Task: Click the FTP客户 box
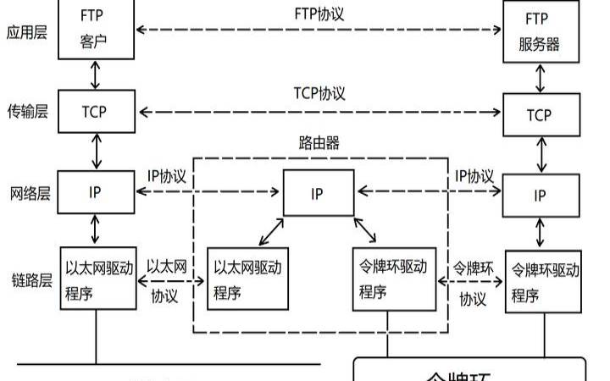click(x=97, y=30)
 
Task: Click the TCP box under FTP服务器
click(x=539, y=114)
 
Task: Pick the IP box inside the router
click(x=318, y=194)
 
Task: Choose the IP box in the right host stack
click(x=539, y=196)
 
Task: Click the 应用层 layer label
click(x=29, y=33)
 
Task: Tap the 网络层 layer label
click(x=29, y=192)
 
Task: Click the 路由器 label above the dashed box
click(x=319, y=141)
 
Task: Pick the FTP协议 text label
click(x=319, y=14)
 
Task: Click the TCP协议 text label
click(x=319, y=93)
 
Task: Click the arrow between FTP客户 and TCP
click(x=96, y=75)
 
